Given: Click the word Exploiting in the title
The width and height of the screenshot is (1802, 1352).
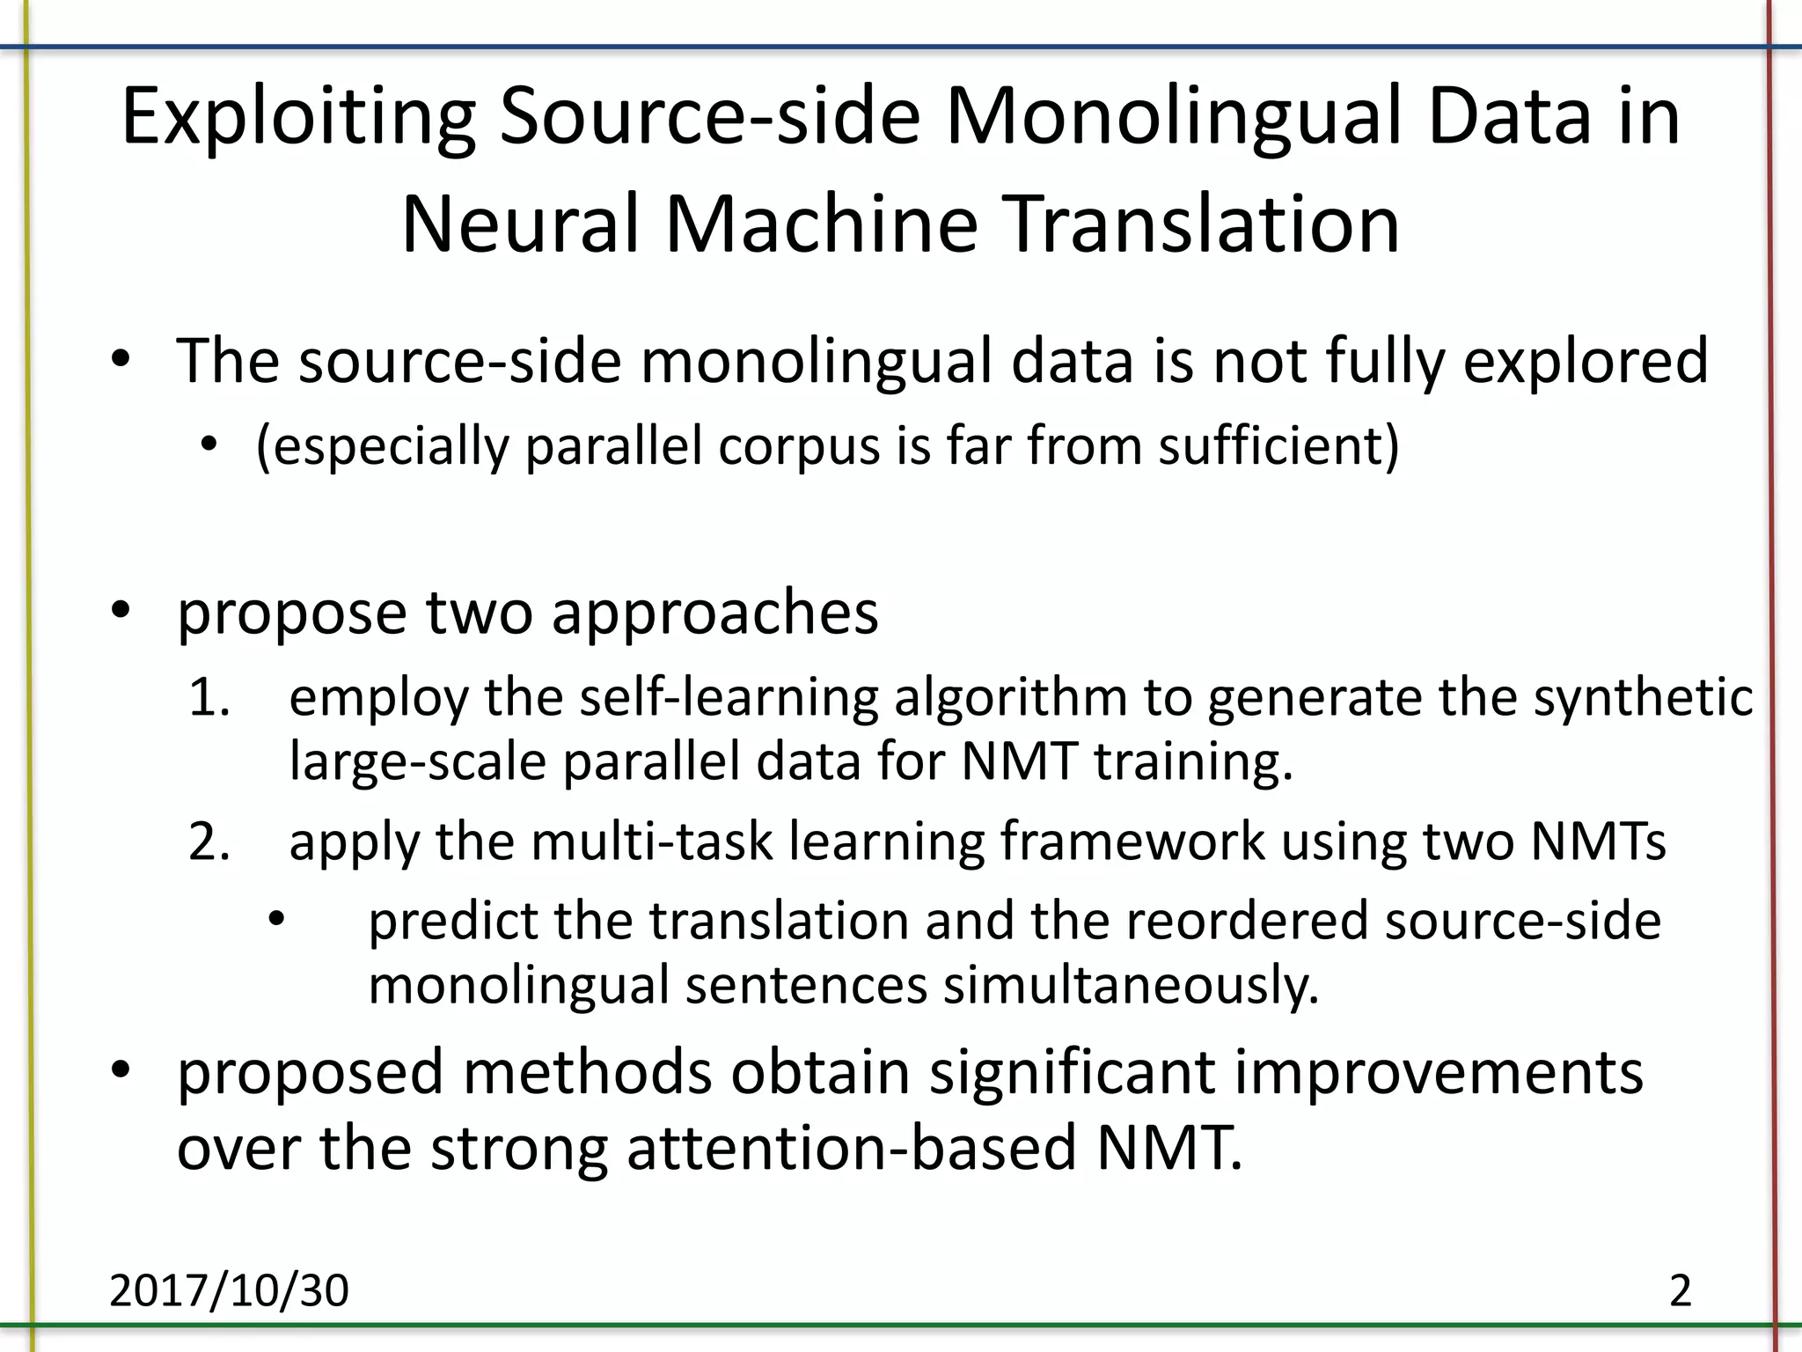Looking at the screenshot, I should [x=297, y=119].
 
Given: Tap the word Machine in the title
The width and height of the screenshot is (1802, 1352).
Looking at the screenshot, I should [x=821, y=224].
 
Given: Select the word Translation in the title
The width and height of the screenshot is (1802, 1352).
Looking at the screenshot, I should [x=1202, y=224].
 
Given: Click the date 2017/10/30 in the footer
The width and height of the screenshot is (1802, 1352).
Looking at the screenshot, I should [x=229, y=1290].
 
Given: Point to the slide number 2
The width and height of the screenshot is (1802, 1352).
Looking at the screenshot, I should [x=1680, y=1290].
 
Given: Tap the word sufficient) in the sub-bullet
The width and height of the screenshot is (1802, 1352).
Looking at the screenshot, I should [x=1278, y=445].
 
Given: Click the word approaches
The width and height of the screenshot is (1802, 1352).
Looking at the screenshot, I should [x=714, y=614].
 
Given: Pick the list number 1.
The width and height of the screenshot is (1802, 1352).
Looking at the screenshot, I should [x=209, y=698].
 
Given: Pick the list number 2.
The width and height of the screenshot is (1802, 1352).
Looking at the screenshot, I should [x=209, y=842].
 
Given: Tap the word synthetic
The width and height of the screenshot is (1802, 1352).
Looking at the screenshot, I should [x=1644, y=698].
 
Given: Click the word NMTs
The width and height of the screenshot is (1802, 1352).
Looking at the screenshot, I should [x=1598, y=842].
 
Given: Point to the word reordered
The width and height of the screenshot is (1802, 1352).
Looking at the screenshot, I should [x=1246, y=922].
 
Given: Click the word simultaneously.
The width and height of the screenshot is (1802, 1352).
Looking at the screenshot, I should [x=1132, y=986].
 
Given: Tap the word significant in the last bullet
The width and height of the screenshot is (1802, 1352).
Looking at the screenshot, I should [x=1072, y=1073].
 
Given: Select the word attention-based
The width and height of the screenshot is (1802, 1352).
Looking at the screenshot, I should [x=852, y=1149].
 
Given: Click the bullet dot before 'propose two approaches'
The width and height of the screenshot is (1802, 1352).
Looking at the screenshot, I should [x=121, y=609].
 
